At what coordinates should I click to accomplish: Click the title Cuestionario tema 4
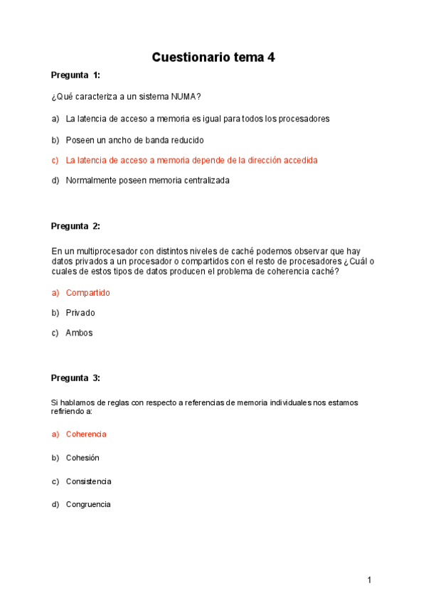point(213,58)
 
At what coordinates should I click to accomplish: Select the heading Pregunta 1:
point(75,75)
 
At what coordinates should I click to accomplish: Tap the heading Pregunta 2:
point(75,226)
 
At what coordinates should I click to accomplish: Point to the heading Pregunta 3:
point(75,378)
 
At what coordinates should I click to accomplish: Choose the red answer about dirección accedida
point(191,160)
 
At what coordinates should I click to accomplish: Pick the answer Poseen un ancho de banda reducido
point(134,140)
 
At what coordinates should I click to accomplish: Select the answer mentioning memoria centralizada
point(147,180)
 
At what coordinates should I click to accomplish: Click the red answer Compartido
point(87,292)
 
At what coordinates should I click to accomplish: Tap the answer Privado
point(80,312)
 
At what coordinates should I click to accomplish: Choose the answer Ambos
point(79,332)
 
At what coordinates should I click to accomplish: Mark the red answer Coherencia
point(86,434)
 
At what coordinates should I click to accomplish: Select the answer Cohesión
point(82,457)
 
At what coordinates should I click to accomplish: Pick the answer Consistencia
point(88,481)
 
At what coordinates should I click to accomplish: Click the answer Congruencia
point(88,504)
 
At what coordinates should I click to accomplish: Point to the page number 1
point(369,580)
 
